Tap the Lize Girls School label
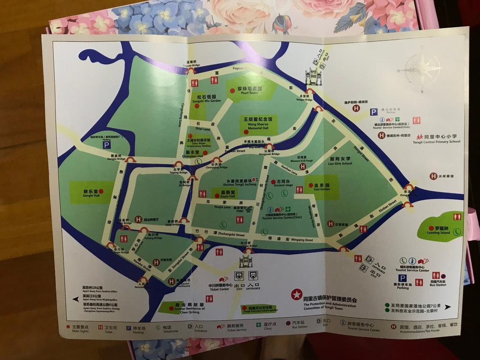coord(340,162)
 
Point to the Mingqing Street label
coord(296,240)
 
